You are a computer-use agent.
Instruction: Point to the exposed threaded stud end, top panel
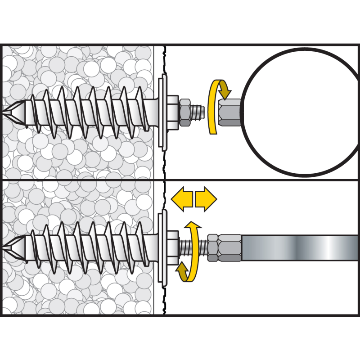tap(198, 111)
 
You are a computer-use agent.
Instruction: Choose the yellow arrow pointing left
tap(182, 198)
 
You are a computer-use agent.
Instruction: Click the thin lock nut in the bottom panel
tap(210, 247)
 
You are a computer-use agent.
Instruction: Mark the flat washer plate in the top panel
tap(162, 111)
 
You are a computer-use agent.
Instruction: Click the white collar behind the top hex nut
tap(173, 111)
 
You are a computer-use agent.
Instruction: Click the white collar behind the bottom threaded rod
tap(173, 247)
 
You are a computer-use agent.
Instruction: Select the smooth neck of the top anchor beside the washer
tap(153, 111)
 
